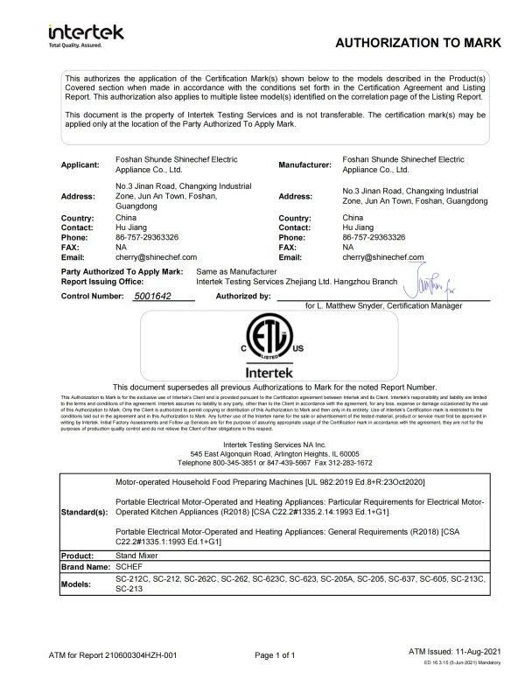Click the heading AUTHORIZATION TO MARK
tap(417, 43)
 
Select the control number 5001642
tap(164, 297)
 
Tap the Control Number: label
tap(97, 297)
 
